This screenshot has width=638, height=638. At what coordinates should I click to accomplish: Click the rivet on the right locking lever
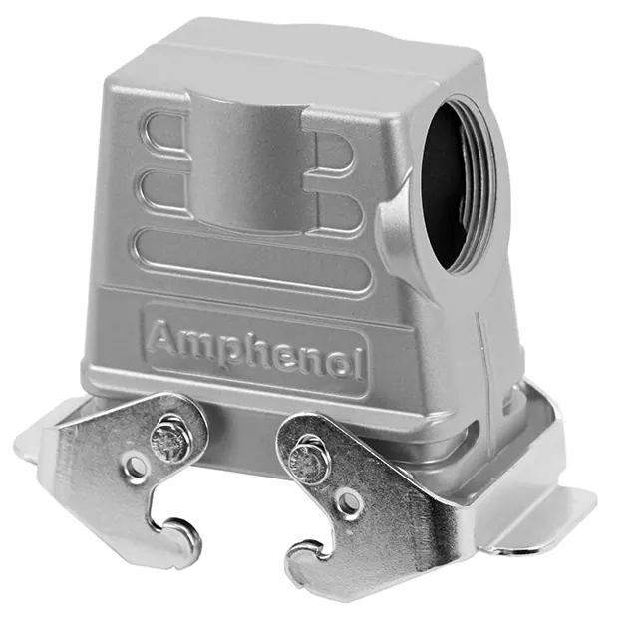[303, 460]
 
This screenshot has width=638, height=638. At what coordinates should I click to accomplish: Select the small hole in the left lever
[136, 466]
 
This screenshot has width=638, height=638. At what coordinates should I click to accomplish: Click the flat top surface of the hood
[319, 50]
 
